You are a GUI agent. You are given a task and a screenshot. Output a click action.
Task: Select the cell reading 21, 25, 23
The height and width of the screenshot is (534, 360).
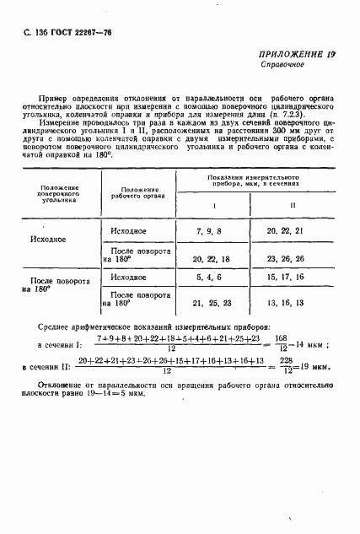[x=211, y=303]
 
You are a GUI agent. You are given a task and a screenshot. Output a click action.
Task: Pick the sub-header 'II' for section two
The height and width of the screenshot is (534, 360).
[x=293, y=206]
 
